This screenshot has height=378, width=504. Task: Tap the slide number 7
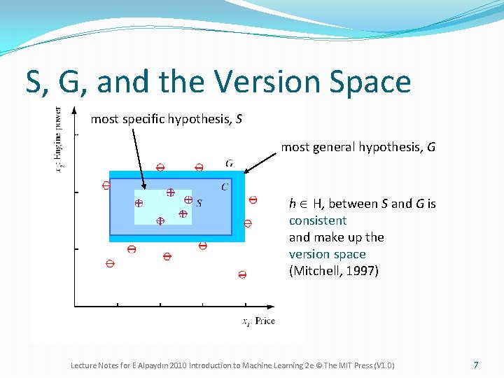pyautogui.click(x=476, y=365)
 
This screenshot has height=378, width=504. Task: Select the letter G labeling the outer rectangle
pyautogui.click(x=230, y=163)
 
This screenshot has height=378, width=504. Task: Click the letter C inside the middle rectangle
pyautogui.click(x=224, y=186)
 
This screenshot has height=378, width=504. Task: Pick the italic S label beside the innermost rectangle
pyautogui.click(x=199, y=203)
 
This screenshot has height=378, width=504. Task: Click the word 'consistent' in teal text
pyautogui.click(x=318, y=220)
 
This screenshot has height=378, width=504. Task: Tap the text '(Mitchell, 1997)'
pyautogui.click(x=333, y=271)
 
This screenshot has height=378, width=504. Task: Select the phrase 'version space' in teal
pyautogui.click(x=327, y=254)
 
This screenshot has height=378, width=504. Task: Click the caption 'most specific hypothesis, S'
pyautogui.click(x=167, y=119)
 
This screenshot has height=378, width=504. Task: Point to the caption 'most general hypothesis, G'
pyautogui.click(x=358, y=147)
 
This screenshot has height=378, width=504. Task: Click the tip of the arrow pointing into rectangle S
pyautogui.click(x=144, y=188)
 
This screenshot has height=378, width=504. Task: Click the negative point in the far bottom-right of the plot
pyautogui.click(x=242, y=274)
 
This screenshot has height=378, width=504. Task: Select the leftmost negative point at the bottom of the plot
pyautogui.click(x=110, y=264)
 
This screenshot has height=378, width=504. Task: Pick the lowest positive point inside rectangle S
pyautogui.click(x=160, y=220)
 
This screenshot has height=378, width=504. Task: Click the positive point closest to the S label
pyautogui.click(x=188, y=199)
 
